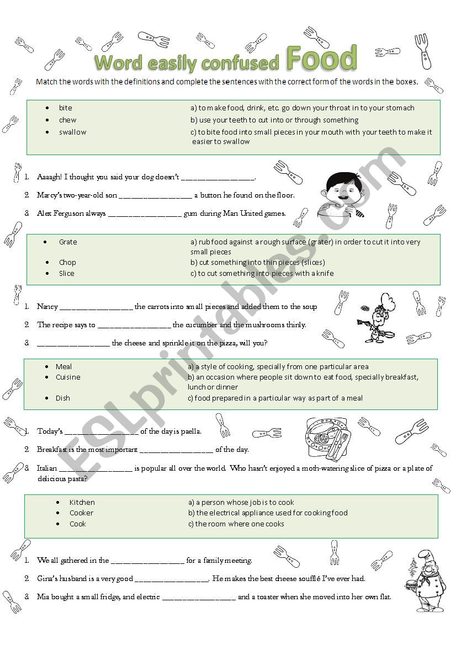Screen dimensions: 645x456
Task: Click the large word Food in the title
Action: (x=321, y=58)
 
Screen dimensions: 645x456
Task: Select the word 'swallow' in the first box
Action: (x=73, y=132)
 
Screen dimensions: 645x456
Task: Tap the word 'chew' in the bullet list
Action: (x=68, y=120)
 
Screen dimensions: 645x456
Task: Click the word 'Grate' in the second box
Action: (x=68, y=242)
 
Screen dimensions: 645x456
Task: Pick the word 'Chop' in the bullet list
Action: (x=67, y=263)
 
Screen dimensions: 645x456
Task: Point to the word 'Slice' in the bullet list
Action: (x=67, y=274)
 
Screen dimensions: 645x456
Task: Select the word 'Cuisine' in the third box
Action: (x=68, y=377)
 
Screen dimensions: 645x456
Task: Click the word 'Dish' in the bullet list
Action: (x=63, y=398)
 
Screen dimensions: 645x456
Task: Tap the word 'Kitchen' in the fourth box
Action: (x=82, y=503)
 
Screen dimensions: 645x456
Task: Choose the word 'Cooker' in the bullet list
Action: (x=82, y=513)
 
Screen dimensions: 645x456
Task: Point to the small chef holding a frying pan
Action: (x=378, y=319)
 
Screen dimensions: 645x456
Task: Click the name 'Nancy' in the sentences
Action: (x=47, y=307)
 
